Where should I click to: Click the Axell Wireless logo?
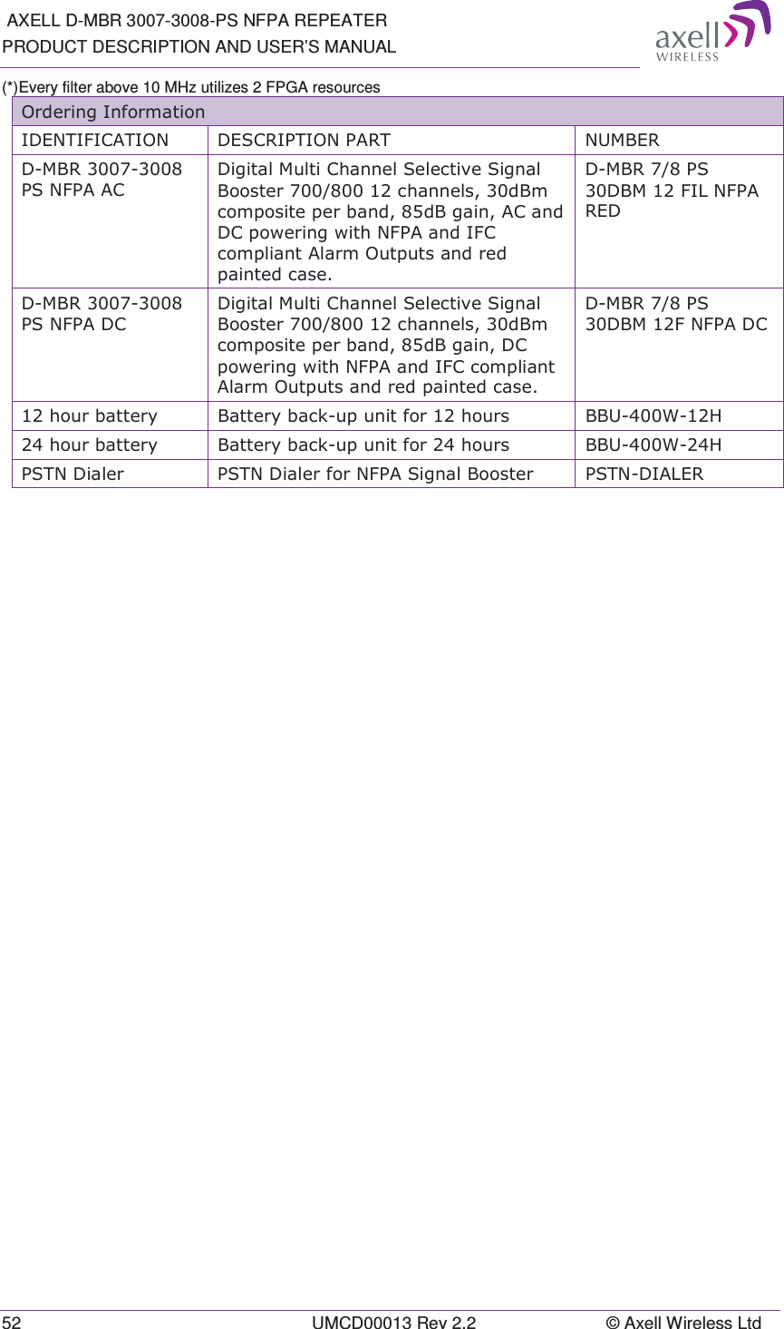[712, 33]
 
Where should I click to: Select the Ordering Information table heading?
[113, 112]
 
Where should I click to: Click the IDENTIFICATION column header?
[95, 141]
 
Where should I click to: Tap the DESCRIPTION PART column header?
[304, 141]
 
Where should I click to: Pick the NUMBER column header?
[622, 141]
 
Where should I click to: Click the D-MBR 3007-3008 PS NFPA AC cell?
[102, 180]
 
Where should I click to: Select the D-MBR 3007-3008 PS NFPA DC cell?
[102, 314]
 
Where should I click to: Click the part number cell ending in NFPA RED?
[671, 191]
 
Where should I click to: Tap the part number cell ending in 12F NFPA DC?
[675, 314]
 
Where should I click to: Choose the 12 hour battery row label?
[90, 416]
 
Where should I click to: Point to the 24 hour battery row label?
[90, 445]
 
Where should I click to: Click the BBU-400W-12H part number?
[653, 416]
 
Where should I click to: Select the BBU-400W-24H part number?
[653, 445]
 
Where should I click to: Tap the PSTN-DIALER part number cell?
[644, 474]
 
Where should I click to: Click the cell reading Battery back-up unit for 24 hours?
[363, 445]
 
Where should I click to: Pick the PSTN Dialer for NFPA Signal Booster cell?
[375, 474]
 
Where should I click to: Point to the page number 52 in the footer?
[11, 1323]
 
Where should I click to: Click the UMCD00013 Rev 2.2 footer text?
[393, 1323]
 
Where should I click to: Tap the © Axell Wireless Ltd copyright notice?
[683, 1323]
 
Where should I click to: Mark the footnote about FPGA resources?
[191, 87]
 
